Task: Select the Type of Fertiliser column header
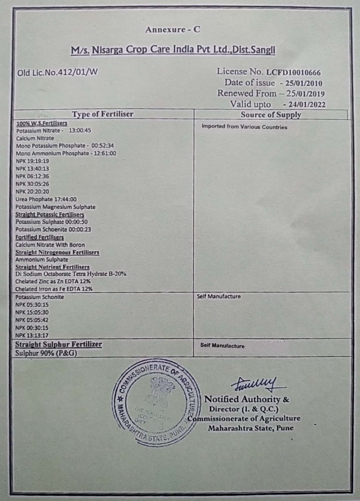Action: (x=103, y=114)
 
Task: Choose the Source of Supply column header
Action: (x=271, y=115)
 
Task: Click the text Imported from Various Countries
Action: (x=244, y=127)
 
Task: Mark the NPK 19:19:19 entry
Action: (x=33, y=161)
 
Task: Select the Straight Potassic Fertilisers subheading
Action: (x=50, y=214)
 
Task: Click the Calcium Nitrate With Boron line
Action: (x=50, y=245)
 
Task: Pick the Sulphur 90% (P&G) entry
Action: (x=46, y=353)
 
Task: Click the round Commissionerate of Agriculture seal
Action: (x=157, y=402)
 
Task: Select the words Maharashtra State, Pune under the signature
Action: (x=250, y=428)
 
